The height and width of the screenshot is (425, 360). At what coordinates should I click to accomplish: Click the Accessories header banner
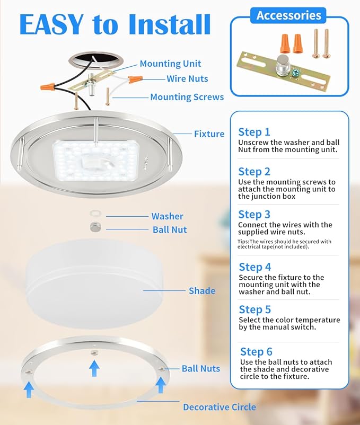pyautogui.click(x=289, y=15)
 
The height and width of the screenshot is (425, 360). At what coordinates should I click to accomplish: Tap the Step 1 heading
pyautogui.click(x=254, y=132)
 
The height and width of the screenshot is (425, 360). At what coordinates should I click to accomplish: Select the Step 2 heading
pyautogui.click(x=254, y=172)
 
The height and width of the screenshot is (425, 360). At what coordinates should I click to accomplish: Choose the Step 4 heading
pyautogui.click(x=254, y=267)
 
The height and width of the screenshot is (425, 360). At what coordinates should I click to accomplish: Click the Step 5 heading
pyautogui.click(x=254, y=309)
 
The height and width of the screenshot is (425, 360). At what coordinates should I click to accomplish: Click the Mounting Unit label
pyautogui.click(x=170, y=64)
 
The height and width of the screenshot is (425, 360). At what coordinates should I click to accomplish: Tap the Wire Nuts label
pyautogui.click(x=187, y=79)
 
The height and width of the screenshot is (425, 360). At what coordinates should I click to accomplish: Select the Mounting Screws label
pyautogui.click(x=187, y=97)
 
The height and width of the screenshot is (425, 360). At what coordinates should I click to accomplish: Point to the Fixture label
pyautogui.click(x=209, y=134)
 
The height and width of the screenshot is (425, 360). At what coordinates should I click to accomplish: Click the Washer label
pyautogui.click(x=167, y=216)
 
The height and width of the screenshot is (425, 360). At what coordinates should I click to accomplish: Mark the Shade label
pyautogui.click(x=201, y=291)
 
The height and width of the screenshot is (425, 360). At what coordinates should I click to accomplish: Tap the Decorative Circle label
pyautogui.click(x=219, y=407)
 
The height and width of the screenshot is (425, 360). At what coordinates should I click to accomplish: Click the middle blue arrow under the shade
pyautogui.click(x=94, y=367)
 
